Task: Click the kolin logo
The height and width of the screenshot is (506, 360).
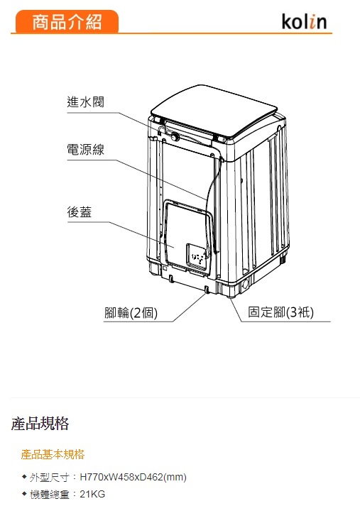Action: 304,21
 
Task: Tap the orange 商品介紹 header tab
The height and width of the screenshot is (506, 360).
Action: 67,21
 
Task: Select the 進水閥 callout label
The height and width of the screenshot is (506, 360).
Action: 85,102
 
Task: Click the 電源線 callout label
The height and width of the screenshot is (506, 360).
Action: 85,150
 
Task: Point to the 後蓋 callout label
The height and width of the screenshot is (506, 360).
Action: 80,212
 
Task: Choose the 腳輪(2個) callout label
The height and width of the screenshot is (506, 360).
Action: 131,312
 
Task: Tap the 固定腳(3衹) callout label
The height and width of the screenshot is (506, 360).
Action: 280,312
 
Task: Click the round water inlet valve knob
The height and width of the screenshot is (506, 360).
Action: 175,137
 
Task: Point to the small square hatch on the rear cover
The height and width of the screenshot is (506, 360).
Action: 197,255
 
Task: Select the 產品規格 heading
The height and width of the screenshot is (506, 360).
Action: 40,424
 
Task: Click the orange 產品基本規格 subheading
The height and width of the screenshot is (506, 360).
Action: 53,454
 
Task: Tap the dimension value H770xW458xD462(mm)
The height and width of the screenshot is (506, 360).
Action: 133,477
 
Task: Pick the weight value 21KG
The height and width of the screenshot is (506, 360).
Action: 92,494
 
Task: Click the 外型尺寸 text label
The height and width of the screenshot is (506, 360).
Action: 50,478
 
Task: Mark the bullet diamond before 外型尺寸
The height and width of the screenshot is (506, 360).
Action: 24,477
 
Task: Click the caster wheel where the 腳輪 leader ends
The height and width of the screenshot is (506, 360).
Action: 207,290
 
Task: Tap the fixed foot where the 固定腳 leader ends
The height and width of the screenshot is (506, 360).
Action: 230,296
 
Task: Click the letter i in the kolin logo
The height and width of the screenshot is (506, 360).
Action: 312,23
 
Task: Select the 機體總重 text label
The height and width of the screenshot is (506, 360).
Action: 50,495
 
